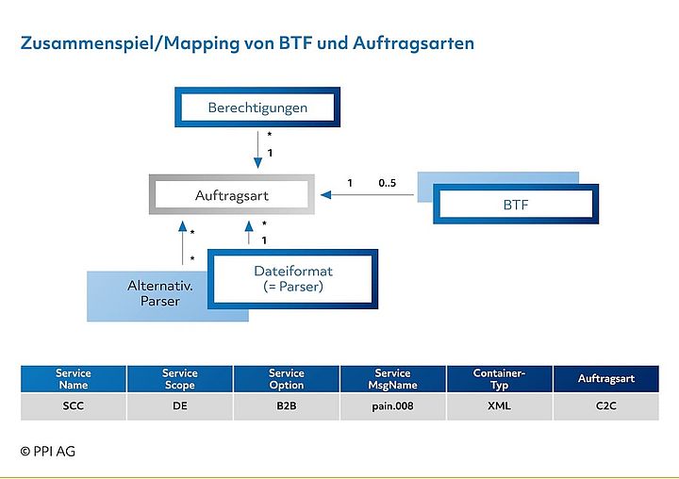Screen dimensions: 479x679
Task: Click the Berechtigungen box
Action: click(x=257, y=107)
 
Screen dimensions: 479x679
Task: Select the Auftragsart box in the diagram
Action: click(x=231, y=195)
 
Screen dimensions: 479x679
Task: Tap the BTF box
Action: click(x=515, y=204)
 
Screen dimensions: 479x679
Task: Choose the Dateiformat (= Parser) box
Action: click(x=292, y=278)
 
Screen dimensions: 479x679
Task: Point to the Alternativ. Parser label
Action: click(x=155, y=293)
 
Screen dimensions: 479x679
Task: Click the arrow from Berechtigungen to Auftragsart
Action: click(x=257, y=152)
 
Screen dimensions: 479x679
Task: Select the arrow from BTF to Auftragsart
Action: click(x=368, y=196)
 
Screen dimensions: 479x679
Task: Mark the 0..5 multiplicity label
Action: click(x=387, y=183)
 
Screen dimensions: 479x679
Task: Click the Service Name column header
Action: click(x=73, y=379)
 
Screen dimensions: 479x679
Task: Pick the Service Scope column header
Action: click(x=179, y=379)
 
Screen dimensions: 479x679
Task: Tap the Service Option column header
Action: click(x=286, y=379)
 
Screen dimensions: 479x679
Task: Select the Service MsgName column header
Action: click(x=392, y=379)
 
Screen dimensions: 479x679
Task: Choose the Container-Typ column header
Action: click(x=499, y=379)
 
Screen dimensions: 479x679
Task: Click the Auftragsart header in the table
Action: click(x=605, y=379)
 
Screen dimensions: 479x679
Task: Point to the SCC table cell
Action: click(x=73, y=407)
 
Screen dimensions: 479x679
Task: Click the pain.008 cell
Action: click(x=392, y=407)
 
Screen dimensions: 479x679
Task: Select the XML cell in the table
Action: click(x=499, y=407)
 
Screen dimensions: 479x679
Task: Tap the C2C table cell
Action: click(x=605, y=407)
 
